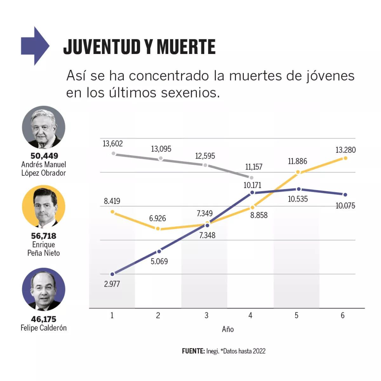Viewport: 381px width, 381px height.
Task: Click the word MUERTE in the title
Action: point(186,47)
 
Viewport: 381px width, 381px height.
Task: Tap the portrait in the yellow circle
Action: point(43,207)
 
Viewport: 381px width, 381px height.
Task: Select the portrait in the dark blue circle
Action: point(43,289)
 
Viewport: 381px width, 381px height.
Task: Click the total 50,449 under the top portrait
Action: point(44,156)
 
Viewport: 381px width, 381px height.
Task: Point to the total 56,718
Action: point(43,236)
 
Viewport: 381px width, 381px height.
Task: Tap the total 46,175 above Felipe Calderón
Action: point(43,319)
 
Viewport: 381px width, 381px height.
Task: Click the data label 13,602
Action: point(112,144)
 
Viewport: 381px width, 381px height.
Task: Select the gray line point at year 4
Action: point(251,178)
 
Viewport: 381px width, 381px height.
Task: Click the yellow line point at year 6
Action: point(345,158)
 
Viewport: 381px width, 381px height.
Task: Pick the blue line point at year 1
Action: point(112,274)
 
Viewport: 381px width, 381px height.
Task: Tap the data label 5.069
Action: point(159,261)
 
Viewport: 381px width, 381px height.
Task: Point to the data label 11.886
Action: point(297,161)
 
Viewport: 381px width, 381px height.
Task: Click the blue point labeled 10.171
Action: point(252,192)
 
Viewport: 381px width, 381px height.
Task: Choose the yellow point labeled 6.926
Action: point(158,229)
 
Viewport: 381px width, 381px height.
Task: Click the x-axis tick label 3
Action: point(206,315)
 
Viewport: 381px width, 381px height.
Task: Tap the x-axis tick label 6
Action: point(343,315)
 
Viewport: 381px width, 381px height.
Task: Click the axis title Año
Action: point(228,329)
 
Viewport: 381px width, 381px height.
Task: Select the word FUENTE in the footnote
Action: point(193,351)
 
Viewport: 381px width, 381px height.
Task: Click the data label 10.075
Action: point(345,206)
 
